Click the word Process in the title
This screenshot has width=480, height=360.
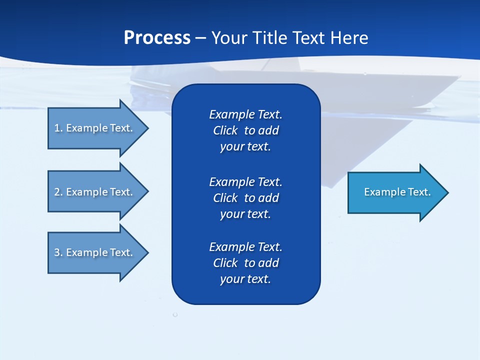pyautogui.click(x=157, y=38)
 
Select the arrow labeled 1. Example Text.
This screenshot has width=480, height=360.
pyautogui.click(x=95, y=128)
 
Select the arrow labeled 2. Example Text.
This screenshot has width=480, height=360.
pyautogui.click(x=95, y=192)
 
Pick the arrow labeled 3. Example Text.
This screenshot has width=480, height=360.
pyautogui.click(x=95, y=252)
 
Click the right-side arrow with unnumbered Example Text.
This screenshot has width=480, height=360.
pyautogui.click(x=395, y=192)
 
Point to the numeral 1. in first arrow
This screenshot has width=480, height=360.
pyautogui.click(x=58, y=128)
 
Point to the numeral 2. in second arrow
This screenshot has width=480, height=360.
pyautogui.click(x=58, y=192)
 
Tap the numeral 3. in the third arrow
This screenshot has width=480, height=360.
pyautogui.click(x=58, y=252)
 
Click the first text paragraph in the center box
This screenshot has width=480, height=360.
pyautogui.click(x=245, y=130)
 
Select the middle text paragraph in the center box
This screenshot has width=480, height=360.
pyautogui.click(x=245, y=197)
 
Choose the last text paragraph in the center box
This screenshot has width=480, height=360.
pyautogui.click(x=245, y=263)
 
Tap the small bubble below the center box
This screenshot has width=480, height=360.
pyautogui.click(x=175, y=314)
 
